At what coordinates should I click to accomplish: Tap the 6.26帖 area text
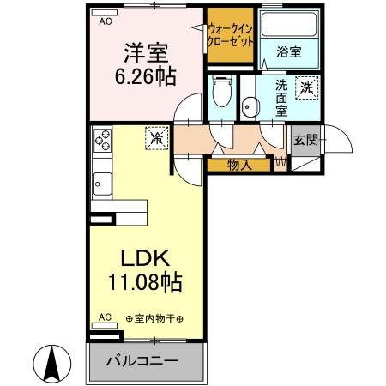tap(147, 76)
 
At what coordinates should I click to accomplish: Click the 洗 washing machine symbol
tap(306, 86)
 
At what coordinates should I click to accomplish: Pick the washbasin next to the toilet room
tap(250, 106)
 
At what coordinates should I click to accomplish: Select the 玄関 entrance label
tap(305, 140)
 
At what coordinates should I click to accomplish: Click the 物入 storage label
tap(239, 165)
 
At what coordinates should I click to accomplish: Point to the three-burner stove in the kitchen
tap(102, 140)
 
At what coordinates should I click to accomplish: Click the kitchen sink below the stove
tap(102, 183)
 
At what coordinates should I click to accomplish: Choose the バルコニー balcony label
tap(142, 360)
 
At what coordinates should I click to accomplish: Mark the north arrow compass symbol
tap(53, 361)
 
